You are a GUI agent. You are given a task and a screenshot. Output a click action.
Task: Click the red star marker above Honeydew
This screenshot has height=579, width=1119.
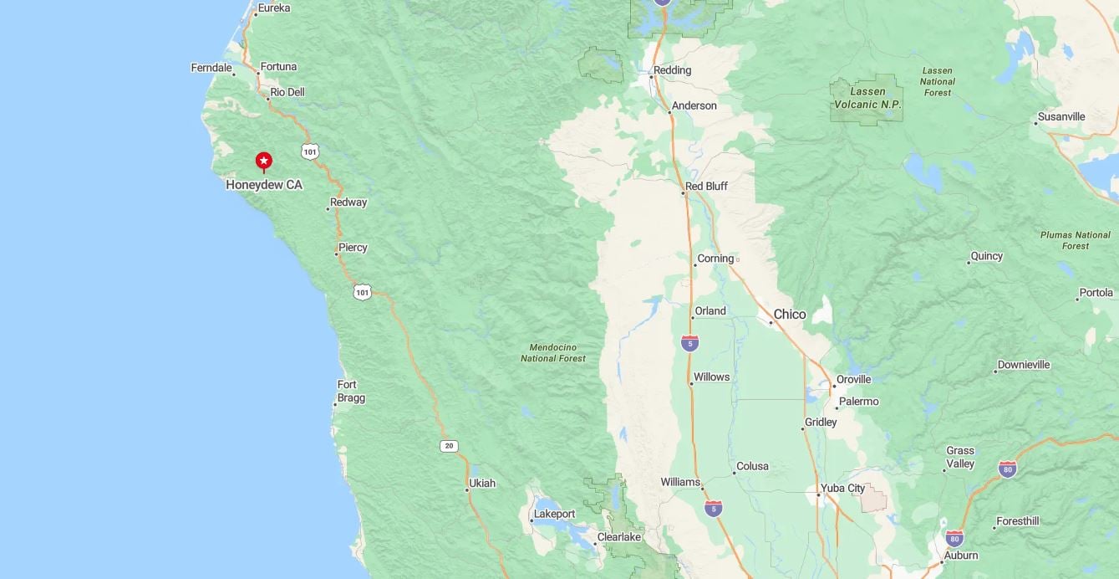tap(263, 160)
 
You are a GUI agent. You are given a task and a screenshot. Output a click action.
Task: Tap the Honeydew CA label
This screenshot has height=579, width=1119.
tap(264, 185)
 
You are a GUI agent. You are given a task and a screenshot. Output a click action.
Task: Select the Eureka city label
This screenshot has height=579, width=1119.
tap(273, 8)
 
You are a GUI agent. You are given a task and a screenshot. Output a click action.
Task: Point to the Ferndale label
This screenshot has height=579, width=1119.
tap(211, 68)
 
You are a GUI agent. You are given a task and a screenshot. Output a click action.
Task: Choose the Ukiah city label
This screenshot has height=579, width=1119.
tap(482, 483)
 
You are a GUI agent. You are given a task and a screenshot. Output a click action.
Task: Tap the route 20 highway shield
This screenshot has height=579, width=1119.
tap(449, 446)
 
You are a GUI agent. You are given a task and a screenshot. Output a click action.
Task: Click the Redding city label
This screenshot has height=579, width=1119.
tap(672, 70)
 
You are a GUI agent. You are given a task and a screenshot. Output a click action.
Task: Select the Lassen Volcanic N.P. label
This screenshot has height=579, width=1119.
tap(867, 98)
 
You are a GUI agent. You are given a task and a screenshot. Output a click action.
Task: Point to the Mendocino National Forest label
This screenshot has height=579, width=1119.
tap(553, 352)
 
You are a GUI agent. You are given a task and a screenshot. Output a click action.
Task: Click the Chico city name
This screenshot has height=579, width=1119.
tap(790, 315)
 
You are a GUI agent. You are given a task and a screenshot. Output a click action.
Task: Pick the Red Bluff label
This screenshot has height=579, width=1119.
tap(706, 186)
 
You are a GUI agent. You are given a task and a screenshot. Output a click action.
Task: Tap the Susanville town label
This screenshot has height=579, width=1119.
tap(1061, 116)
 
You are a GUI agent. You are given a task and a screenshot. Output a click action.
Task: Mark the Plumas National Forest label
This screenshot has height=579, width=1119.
tap(1076, 240)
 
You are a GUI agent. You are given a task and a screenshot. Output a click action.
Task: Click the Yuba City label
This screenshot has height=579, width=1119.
tap(843, 488)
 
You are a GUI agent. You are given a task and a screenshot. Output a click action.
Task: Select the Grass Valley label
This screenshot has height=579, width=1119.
tap(960, 457)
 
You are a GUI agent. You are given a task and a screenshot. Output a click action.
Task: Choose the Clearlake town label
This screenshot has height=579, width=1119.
tap(618, 537)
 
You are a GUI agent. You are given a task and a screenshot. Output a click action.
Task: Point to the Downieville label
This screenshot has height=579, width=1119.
tap(1024, 365)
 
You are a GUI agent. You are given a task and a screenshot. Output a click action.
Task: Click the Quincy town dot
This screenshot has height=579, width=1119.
tap(969, 263)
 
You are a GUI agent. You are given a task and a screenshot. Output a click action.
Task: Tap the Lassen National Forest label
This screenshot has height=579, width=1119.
tap(938, 81)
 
